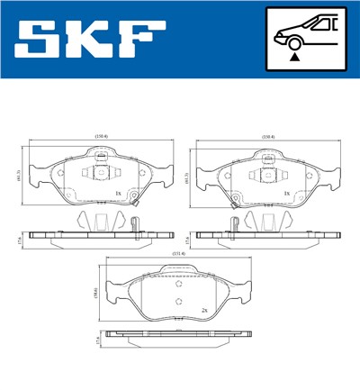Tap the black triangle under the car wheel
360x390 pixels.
[293, 57]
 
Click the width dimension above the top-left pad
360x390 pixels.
[101, 137]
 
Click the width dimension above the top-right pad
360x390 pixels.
[267, 137]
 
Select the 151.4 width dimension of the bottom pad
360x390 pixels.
[179, 253]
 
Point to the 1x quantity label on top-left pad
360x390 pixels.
[118, 193]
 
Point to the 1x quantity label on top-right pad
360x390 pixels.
[285, 193]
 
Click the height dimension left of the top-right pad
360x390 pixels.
[187, 177]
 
